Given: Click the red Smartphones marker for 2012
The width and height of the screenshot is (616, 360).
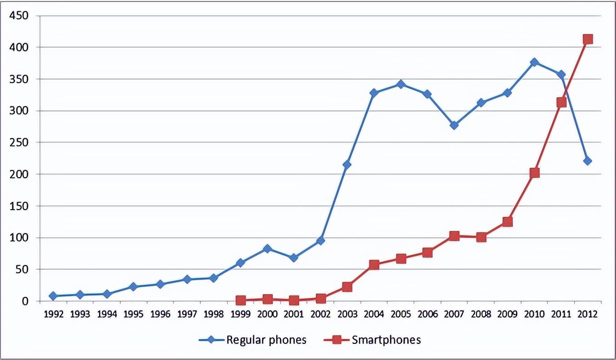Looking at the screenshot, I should click(x=587, y=39).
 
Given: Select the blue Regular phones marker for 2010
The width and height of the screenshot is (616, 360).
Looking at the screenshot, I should click(x=534, y=62).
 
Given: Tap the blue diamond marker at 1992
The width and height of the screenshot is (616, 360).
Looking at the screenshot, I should click(x=53, y=296).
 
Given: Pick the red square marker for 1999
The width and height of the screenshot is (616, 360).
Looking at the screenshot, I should click(x=241, y=300).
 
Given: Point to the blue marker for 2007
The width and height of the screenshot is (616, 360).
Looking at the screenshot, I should click(x=454, y=125).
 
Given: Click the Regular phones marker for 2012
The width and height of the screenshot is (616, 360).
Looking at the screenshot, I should click(x=587, y=161).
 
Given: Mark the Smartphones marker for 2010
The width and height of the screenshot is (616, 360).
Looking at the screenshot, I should click(x=534, y=173).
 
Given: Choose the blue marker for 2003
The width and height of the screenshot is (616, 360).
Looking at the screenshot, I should click(x=347, y=165).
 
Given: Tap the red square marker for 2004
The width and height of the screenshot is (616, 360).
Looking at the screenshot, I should click(x=374, y=265).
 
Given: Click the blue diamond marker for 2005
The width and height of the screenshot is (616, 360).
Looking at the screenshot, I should click(x=401, y=84).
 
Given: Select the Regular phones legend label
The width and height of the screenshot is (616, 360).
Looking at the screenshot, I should click(x=266, y=340).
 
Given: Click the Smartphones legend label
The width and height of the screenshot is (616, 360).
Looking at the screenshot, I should click(x=386, y=340).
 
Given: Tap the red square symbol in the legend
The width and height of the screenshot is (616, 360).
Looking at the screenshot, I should click(x=337, y=340).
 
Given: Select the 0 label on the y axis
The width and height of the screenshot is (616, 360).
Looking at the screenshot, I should click(x=25, y=301).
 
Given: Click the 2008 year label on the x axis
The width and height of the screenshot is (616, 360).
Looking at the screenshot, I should click(x=481, y=314).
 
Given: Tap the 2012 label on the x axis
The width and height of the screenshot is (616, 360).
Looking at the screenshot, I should click(x=587, y=314).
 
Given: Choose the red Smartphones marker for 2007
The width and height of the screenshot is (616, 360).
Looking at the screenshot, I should click(x=454, y=235).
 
